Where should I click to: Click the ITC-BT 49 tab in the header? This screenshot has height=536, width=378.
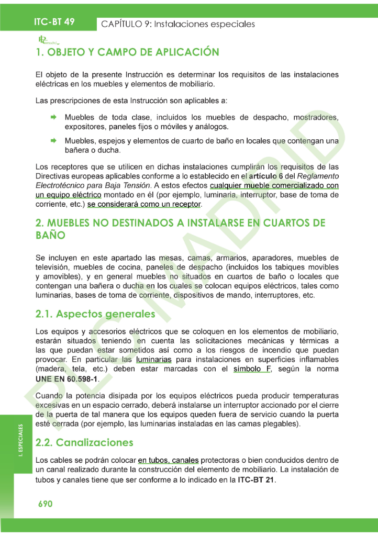[54, 21]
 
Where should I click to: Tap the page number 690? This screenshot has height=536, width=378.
[45, 504]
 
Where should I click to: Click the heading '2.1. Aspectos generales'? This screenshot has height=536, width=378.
[95, 314]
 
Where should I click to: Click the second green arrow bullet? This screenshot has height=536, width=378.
[53, 141]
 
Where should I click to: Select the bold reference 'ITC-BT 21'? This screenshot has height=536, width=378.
[256, 479]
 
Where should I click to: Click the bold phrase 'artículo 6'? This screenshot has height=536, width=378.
[264, 176]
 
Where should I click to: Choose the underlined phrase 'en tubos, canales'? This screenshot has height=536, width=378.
[168, 460]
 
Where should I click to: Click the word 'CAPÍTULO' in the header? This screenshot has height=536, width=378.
[124, 24]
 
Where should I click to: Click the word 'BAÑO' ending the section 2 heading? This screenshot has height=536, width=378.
[50, 236]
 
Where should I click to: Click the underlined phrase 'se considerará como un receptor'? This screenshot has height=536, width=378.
[144, 204]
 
